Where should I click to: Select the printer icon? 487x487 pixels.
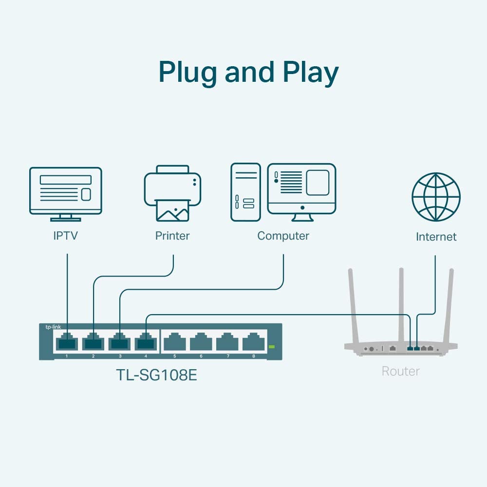(x=172, y=193)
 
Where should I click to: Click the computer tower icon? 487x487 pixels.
(x=245, y=192)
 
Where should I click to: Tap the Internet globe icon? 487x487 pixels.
(x=436, y=197)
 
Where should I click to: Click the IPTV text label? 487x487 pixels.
(x=66, y=236)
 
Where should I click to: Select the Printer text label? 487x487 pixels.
(x=172, y=236)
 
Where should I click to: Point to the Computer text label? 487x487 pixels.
(x=283, y=236)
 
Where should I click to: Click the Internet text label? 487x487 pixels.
(x=436, y=237)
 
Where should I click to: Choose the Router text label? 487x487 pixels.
(x=400, y=372)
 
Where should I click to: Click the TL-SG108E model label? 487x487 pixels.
(x=156, y=375)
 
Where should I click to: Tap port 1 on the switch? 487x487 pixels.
(x=66, y=342)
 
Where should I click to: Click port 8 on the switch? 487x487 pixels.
(x=253, y=342)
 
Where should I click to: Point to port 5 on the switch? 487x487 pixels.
(x=174, y=342)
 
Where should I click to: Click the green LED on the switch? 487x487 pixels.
(x=272, y=347)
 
